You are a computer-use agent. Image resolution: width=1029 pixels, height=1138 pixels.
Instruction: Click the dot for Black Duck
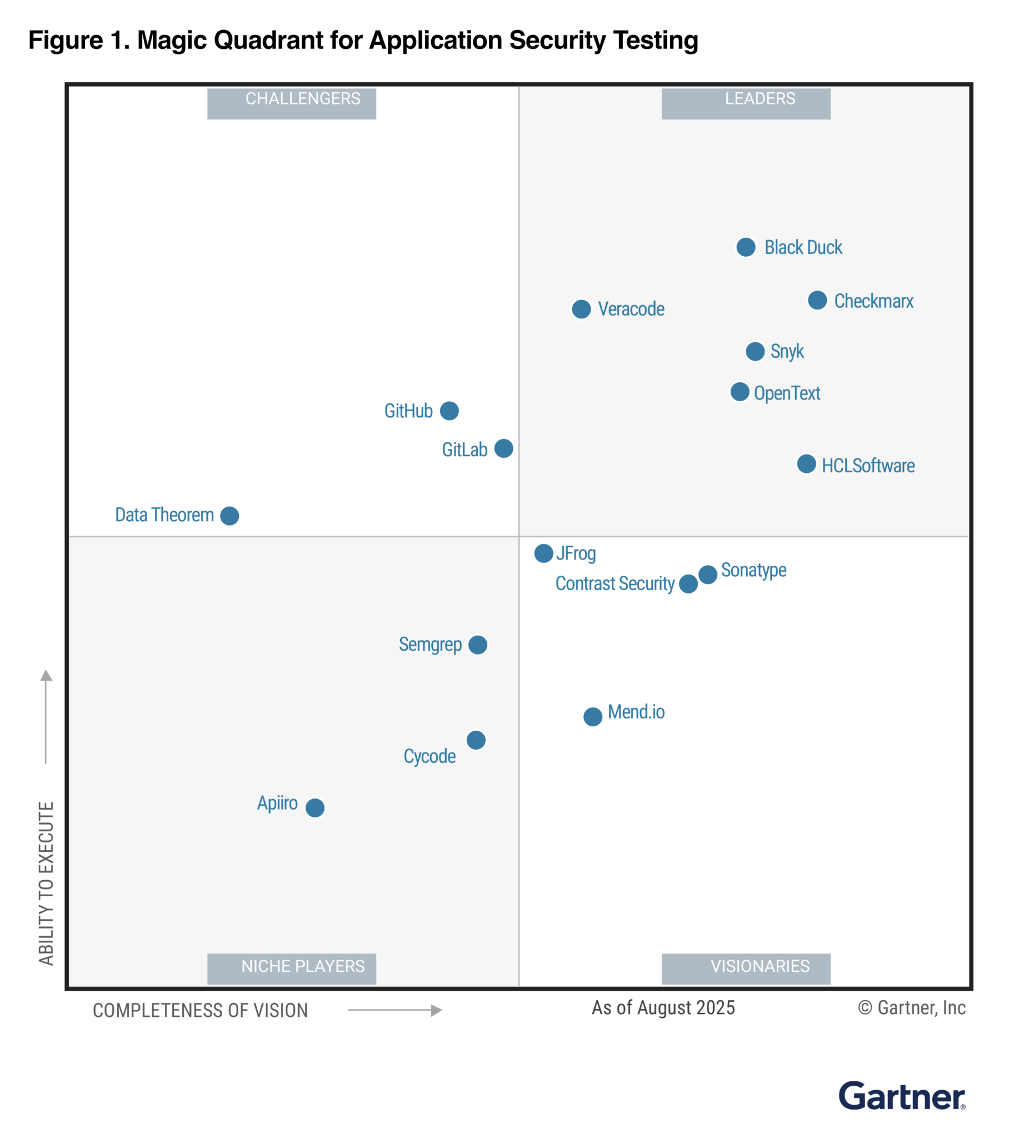coord(746,247)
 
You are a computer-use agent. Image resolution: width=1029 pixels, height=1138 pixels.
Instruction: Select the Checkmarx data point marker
coord(817,300)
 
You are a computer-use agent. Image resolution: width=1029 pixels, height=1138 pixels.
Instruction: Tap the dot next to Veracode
coord(581,309)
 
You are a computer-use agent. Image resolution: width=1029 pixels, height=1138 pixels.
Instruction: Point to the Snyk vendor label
coord(786,351)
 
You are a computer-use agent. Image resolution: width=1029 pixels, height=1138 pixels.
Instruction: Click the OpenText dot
coord(740,391)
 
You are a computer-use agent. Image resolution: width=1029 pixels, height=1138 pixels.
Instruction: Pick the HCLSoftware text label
coord(867,465)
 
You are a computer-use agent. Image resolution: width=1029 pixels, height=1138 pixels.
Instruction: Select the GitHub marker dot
coord(449,411)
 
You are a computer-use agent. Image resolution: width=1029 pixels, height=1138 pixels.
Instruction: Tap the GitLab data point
coord(503,448)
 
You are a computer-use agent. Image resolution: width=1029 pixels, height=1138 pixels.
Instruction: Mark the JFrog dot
coord(543,553)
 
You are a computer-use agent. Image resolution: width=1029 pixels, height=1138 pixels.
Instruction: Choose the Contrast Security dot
coord(688,583)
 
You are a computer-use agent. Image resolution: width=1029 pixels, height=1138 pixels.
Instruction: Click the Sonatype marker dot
coord(707,573)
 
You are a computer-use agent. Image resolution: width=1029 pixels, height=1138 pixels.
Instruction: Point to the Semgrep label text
coord(430,644)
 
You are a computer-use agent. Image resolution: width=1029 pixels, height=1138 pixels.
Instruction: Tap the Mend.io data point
coord(592,716)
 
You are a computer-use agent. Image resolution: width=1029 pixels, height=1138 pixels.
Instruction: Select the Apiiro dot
coord(314,807)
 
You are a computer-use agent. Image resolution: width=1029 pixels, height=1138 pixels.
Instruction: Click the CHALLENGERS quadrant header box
coord(291,103)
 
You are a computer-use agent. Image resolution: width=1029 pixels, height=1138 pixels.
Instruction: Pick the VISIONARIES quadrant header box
coord(746,969)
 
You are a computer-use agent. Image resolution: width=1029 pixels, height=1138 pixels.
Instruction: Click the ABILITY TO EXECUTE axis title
coord(46,883)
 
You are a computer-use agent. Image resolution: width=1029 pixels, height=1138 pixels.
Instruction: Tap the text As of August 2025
coord(663,1007)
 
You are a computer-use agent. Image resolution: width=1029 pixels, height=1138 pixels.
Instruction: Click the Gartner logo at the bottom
coord(901,1096)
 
